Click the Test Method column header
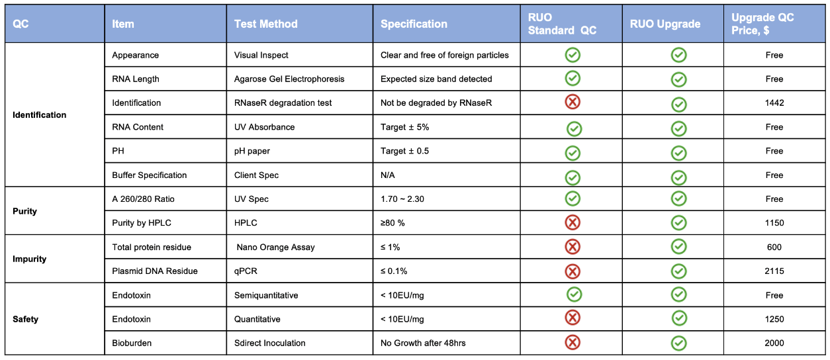tap(265, 24)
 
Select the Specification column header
tap(414, 24)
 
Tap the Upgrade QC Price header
tap(762, 24)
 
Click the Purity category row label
tap(25, 211)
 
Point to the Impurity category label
tap(29, 259)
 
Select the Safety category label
tap(25, 319)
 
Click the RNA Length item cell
tap(136, 79)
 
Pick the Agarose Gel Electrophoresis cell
tap(289, 79)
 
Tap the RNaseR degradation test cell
tap(283, 103)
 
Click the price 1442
tap(774, 103)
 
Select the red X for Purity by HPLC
tap(573, 222)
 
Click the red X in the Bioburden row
tap(573, 343)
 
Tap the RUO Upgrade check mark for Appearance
tap(679, 55)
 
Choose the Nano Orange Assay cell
tap(276, 247)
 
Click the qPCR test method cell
tap(246, 271)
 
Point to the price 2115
tap(774, 271)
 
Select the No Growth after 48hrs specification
tap(423, 343)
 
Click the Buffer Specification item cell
tap(150, 175)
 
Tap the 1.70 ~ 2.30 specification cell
tap(402, 199)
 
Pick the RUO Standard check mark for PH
tap(573, 153)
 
